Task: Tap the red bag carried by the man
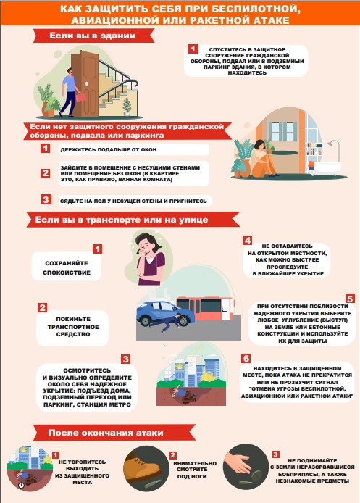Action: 81,97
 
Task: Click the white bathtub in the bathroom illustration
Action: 325,167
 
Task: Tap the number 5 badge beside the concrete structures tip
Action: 350,299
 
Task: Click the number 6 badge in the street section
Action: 246,358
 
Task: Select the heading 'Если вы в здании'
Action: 92,36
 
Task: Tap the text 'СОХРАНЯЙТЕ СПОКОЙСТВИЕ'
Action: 67,268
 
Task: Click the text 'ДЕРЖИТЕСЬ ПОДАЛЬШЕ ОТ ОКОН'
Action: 109,149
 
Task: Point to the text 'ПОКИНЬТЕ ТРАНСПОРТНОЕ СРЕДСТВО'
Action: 73,327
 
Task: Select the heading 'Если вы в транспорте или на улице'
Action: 122,220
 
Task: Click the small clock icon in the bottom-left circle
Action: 22,485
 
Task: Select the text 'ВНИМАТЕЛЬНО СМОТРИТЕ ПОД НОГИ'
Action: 195,470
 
